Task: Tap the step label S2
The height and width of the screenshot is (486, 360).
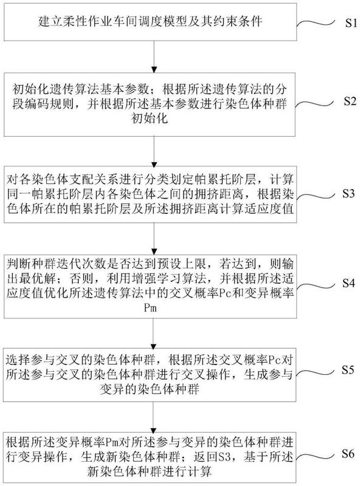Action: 350,101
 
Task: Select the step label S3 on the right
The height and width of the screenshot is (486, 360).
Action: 348,193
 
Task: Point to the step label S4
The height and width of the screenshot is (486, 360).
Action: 348,282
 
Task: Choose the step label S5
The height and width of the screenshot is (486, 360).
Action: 348,369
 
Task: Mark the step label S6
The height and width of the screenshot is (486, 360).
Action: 348,454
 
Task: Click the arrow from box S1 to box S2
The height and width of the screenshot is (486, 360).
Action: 154,56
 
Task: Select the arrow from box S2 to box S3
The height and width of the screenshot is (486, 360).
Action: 154,152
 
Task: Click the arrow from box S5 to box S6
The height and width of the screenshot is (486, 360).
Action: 154,417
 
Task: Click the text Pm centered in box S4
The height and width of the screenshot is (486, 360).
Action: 150,308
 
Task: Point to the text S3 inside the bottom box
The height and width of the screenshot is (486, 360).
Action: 224,457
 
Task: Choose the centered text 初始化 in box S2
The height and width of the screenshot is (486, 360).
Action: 150,118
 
